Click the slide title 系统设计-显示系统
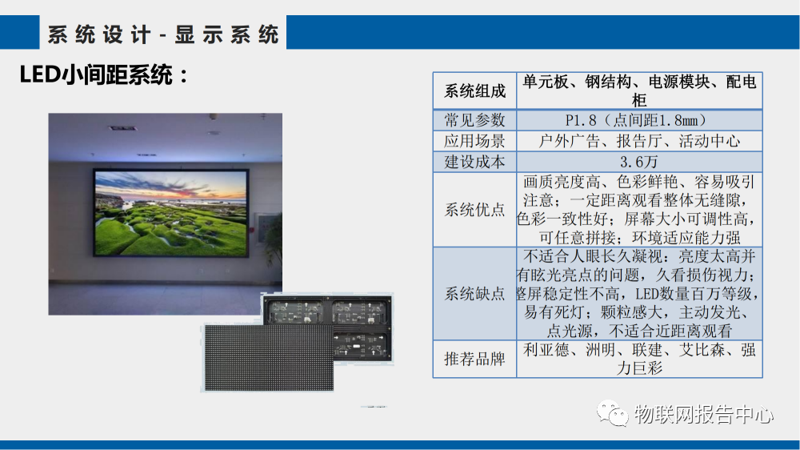(163, 34)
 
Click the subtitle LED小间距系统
(104, 76)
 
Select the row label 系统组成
(475, 90)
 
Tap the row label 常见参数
(475, 120)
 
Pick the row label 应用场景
(475, 141)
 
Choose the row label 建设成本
(475, 161)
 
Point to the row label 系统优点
(475, 210)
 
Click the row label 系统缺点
(475, 294)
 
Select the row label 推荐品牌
(475, 359)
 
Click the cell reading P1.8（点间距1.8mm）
(638, 120)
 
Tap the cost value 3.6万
(638, 161)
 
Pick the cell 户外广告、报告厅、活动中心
(638, 141)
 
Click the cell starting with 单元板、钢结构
(638, 90)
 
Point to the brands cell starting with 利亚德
(638, 359)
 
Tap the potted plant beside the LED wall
(273, 240)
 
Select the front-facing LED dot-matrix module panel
(267, 356)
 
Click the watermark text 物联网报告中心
(703, 415)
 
